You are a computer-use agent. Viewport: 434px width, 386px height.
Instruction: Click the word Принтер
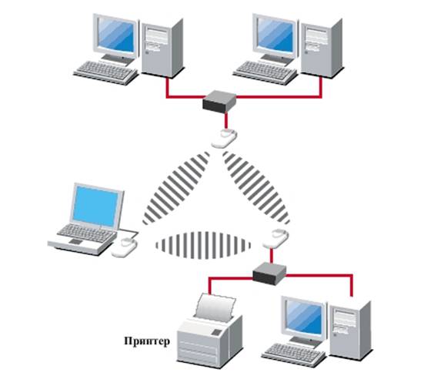[147, 341]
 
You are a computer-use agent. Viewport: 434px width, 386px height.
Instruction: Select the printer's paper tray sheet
[215, 306]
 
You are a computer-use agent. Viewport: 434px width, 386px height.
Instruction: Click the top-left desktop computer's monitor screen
[116, 35]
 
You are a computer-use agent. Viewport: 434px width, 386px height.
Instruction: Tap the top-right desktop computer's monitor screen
[275, 35]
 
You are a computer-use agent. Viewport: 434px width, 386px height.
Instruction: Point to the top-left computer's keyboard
[105, 72]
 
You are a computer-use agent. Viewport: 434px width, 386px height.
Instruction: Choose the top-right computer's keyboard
[265, 72]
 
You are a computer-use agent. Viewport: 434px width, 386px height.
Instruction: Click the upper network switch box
[219, 101]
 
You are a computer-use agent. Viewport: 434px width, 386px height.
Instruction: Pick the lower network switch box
[269, 274]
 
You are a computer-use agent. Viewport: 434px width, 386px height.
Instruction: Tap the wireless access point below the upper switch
[224, 138]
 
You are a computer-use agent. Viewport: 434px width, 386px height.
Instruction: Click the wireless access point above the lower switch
[276, 238]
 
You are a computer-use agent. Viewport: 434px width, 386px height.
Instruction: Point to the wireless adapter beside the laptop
[125, 247]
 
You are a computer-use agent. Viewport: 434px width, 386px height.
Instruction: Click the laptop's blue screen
[95, 206]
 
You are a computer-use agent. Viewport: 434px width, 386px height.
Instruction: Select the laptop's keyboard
[86, 233]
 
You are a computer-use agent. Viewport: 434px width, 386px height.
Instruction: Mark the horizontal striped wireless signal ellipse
[203, 246]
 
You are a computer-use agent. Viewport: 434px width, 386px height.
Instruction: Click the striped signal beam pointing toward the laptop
[176, 188]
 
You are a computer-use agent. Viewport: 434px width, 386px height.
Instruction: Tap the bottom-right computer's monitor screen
[305, 317]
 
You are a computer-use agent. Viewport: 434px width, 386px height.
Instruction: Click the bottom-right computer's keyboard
[294, 354]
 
